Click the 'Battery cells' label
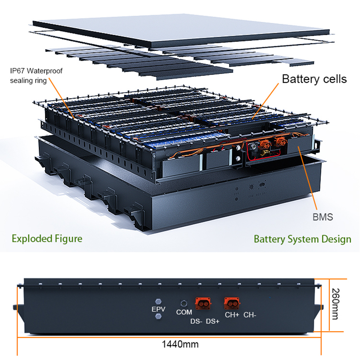coord(314,79)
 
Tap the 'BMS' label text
coord(323,217)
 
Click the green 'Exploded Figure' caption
coord(47,238)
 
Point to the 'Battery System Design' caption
coord(302,238)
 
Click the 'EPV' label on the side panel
coord(158,310)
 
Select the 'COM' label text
coord(183,312)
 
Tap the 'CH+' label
coord(232,315)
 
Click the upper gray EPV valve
coord(158,301)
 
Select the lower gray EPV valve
coord(158,317)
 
